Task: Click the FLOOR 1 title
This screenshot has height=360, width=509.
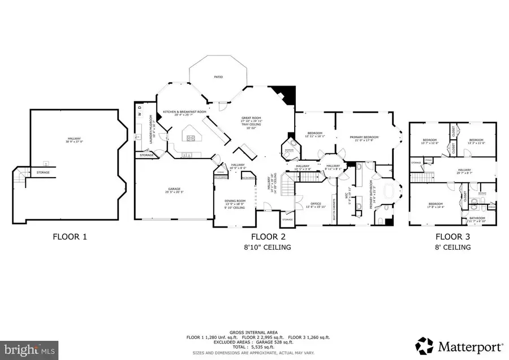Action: [70, 237]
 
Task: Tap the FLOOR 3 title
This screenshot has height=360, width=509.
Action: [452, 237]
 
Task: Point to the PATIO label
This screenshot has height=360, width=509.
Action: [218, 76]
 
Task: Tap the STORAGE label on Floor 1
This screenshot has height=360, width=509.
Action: [43, 172]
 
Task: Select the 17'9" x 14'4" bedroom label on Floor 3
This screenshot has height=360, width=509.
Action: [435, 205]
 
